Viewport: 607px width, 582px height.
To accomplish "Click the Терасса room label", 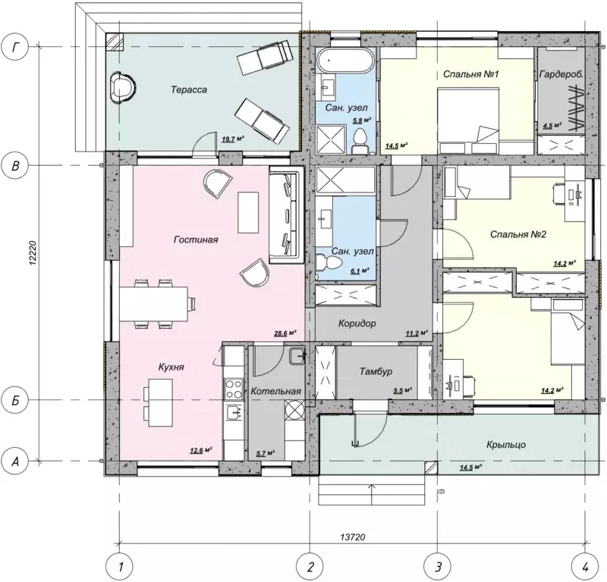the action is point(189,89).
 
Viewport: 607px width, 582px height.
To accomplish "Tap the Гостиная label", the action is point(196,239).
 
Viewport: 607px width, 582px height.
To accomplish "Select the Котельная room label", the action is point(275,391).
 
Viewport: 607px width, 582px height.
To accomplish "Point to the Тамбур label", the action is point(376,371).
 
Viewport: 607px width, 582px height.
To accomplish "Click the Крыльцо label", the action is point(506,445).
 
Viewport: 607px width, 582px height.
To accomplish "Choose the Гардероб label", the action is point(561,74).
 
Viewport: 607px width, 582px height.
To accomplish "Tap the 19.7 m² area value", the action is point(233,139).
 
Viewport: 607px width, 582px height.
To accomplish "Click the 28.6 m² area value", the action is point(285,333).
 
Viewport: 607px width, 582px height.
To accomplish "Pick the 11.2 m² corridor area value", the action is point(417,333).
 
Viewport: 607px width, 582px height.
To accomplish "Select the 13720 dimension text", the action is point(353,537).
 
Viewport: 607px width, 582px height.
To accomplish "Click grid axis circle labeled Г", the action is point(15,47).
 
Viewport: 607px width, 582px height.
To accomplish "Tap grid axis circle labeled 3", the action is point(438,568).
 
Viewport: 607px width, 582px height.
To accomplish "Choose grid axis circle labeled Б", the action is point(15,400).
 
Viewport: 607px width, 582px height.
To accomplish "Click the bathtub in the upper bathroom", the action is point(345,61).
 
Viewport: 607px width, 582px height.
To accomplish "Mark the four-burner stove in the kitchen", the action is point(234,389).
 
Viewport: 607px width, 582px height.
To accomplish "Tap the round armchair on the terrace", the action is point(123,88).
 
